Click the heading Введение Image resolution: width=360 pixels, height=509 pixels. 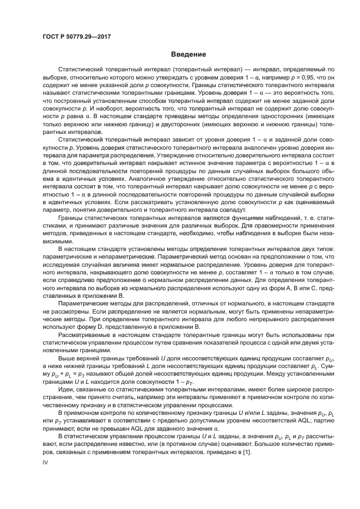(x=188, y=54)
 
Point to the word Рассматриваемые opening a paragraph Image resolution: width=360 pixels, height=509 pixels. (x=83, y=335)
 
